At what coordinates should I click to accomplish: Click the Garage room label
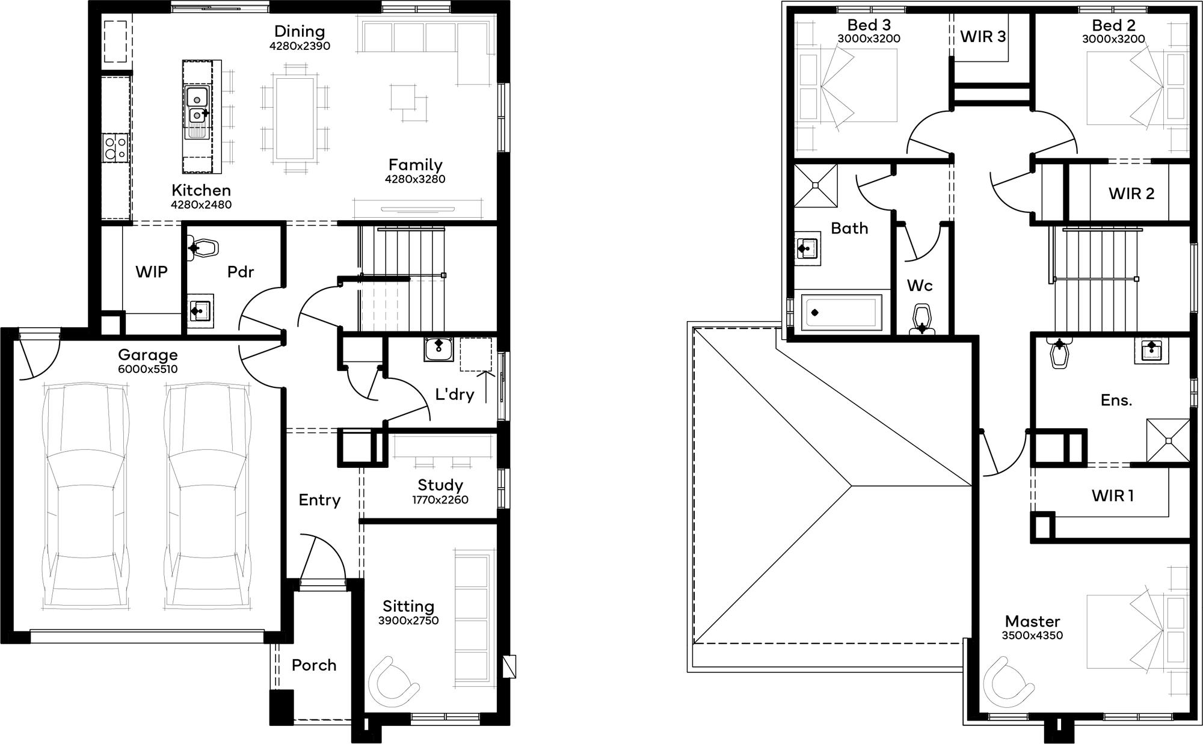point(147,355)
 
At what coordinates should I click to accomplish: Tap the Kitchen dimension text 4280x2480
point(201,204)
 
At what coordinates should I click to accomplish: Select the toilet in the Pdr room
point(203,248)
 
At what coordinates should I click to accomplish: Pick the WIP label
point(152,272)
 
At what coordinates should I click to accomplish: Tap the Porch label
point(313,665)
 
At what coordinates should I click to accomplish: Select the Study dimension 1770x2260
point(440,500)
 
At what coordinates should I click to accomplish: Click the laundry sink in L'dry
point(438,349)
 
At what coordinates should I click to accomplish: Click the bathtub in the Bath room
point(842,312)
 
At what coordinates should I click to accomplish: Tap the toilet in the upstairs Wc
point(921,319)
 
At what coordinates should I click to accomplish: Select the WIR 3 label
point(983,37)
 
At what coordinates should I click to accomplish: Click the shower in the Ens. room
point(1168,440)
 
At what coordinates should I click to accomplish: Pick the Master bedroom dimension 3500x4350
point(1032,636)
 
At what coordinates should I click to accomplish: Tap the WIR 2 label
point(1131,194)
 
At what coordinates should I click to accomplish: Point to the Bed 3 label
point(869,25)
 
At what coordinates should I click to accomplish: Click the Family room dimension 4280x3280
point(415,179)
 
